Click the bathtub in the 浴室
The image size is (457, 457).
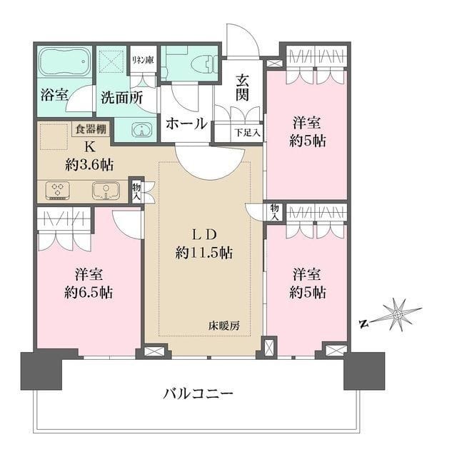pos(65,64)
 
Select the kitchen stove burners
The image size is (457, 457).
pos(56,191)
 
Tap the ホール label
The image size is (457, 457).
pos(187,123)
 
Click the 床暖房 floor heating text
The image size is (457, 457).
pos(225,326)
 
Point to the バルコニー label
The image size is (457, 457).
pos(198,393)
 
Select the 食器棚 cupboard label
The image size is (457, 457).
pos(91,129)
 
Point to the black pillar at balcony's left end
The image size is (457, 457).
pos(40,370)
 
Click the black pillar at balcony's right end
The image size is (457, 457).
pos(364,371)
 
